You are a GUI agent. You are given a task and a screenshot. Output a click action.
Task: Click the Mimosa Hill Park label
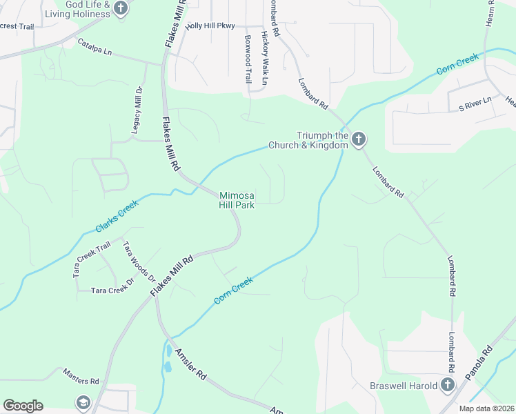point(237,200)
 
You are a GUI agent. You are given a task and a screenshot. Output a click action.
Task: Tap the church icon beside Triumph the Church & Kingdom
point(359,140)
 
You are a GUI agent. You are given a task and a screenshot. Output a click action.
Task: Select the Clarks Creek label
point(119,215)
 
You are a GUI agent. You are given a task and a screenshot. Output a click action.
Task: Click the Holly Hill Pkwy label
point(211,26)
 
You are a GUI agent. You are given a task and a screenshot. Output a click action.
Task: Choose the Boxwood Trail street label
point(247,59)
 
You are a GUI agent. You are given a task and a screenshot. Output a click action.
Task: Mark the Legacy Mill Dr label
point(137,110)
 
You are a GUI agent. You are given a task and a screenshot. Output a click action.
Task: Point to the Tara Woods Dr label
point(139,262)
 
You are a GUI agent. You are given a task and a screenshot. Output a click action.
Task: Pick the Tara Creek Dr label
point(111,290)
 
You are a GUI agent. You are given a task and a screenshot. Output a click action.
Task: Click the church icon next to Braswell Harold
point(447,385)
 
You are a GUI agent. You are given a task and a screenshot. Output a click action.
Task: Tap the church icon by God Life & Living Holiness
point(121,8)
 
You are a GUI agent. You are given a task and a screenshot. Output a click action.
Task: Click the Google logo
point(23,406)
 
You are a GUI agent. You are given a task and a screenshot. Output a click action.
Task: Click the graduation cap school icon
point(83,402)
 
